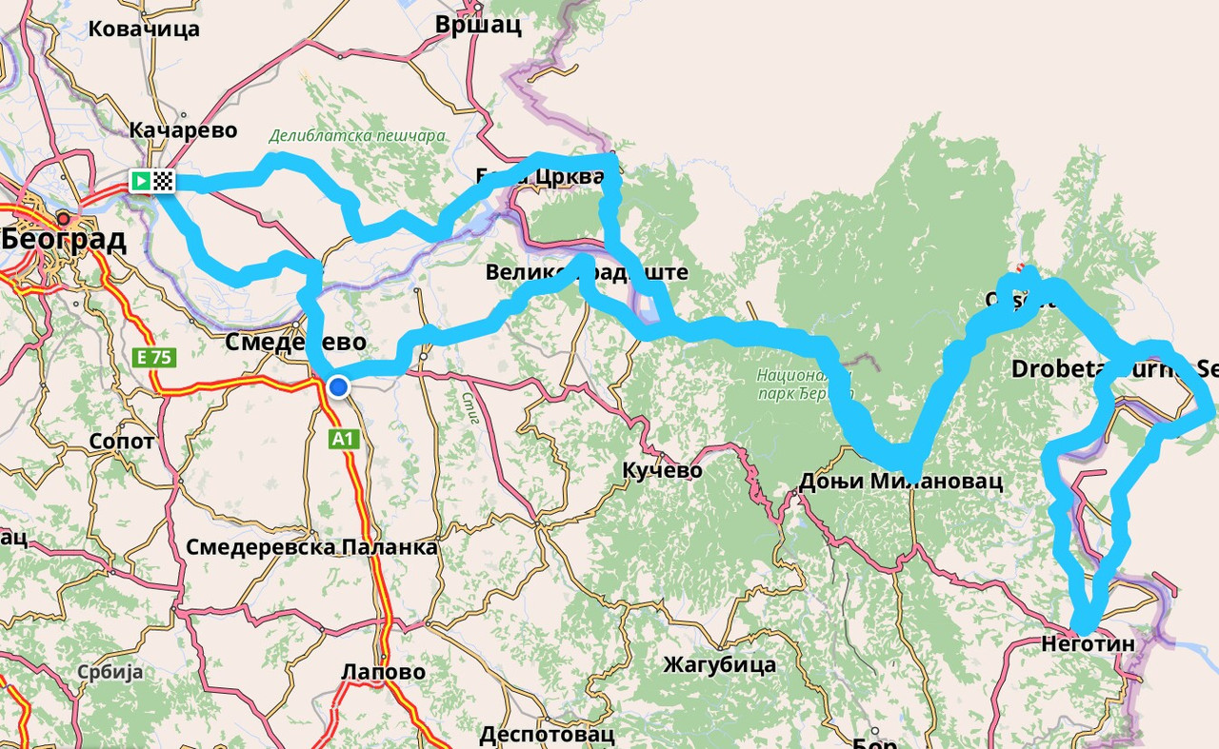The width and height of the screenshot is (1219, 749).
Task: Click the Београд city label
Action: point(65,240)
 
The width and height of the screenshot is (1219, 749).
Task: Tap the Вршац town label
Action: point(478,25)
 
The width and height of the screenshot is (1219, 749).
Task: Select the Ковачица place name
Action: point(144,29)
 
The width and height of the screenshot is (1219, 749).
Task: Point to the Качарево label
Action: point(183,130)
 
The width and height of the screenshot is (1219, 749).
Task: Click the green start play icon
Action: point(140,180)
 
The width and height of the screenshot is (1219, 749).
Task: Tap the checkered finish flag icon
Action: point(163,180)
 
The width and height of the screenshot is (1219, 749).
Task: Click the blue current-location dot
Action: point(338,385)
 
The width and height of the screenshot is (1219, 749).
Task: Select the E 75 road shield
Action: point(153,358)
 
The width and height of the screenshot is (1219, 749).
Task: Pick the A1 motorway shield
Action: point(343,439)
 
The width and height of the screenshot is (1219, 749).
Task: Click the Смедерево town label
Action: point(295,342)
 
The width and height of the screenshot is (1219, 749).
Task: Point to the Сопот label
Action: point(121,442)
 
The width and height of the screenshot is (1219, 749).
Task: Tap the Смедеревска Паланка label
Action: point(311,547)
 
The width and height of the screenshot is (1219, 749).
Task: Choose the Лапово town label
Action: point(383,672)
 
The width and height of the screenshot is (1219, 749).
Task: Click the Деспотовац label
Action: point(547,735)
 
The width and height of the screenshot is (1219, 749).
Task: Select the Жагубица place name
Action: point(719,663)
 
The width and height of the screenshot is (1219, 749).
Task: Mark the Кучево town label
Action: point(662,470)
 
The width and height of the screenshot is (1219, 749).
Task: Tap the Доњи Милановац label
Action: point(901,481)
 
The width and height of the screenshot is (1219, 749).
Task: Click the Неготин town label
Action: point(1089,644)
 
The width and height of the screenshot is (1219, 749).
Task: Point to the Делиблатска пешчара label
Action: point(357,135)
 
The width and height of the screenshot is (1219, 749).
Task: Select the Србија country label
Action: point(111,672)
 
